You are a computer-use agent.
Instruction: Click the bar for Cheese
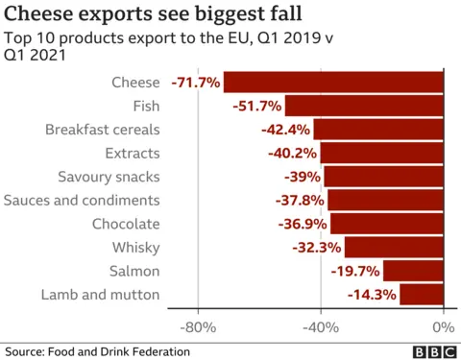pyautogui.click(x=333, y=83)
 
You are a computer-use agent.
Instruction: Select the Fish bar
pyautogui.click(x=364, y=106)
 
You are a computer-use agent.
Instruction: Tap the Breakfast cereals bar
pyautogui.click(x=378, y=130)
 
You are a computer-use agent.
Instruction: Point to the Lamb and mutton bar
pyautogui.click(x=422, y=294)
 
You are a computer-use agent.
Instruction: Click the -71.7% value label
pyautogui.click(x=196, y=83)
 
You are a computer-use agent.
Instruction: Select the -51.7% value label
pyautogui.click(x=257, y=106)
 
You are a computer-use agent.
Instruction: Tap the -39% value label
pyautogui.click(x=303, y=177)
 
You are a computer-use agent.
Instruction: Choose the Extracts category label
pyautogui.click(x=132, y=153)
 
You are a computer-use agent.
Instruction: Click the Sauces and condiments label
pyautogui.click(x=82, y=200)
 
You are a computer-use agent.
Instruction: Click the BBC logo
pyautogui.click(x=433, y=352)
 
